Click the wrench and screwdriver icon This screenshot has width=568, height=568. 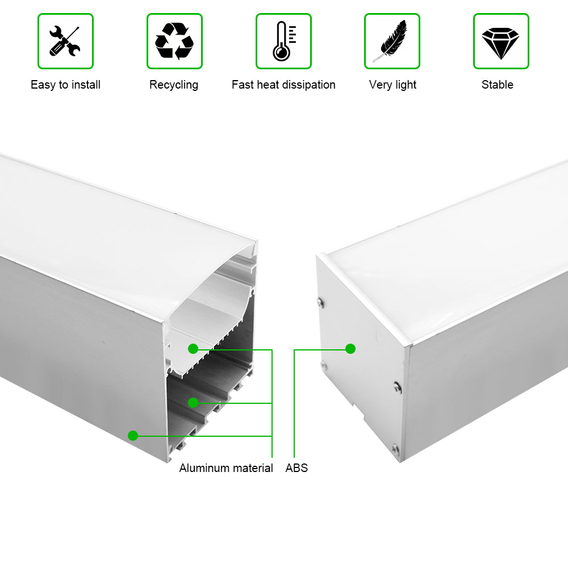(65, 41)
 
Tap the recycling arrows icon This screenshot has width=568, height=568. (174, 41)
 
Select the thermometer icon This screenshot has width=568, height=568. (283, 41)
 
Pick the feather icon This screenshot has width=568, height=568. (392, 41)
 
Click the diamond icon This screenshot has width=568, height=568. (500, 41)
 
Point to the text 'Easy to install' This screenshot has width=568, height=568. (65, 85)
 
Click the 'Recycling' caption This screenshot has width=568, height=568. (174, 85)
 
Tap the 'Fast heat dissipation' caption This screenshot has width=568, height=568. (283, 85)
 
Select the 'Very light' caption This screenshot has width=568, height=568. (392, 85)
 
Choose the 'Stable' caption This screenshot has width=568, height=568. (498, 85)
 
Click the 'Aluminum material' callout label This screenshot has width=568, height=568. (226, 468)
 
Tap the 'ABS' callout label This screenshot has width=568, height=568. (296, 468)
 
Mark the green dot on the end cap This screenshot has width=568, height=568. (350, 349)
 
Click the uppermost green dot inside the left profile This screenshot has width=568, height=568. (193, 349)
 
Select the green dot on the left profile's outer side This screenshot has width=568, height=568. (133, 436)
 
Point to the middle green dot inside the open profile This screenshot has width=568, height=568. (193, 403)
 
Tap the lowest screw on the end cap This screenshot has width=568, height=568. (395, 450)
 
